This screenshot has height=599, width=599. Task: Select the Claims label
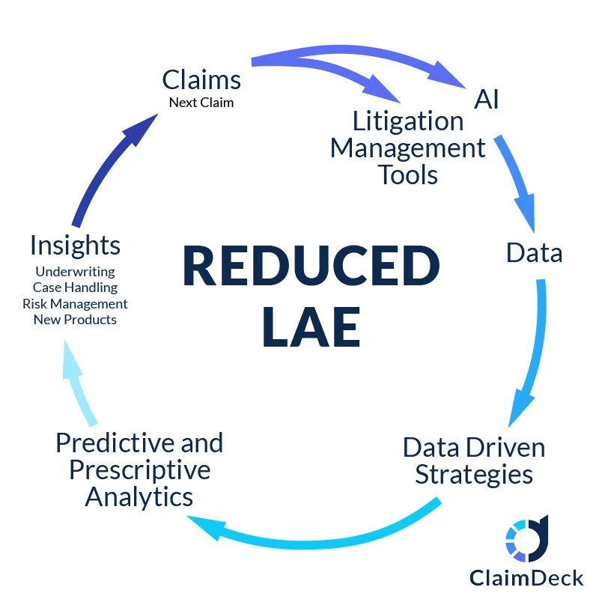pos(201,79)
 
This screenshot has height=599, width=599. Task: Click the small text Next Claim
pos(201,103)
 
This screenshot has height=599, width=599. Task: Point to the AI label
pos(487,99)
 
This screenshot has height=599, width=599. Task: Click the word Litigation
pos(408,121)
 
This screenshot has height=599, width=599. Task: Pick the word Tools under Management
pos(408,174)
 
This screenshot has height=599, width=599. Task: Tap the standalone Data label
pos(534,252)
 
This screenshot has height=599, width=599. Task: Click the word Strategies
pos(474,474)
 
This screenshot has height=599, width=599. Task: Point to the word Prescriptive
pos(140,469)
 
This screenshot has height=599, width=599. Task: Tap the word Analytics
pos(139,496)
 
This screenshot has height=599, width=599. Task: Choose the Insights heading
pos(75,245)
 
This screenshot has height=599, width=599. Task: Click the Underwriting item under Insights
pos(75,271)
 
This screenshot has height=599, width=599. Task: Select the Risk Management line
pos(75,303)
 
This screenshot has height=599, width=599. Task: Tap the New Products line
pos(75,320)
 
